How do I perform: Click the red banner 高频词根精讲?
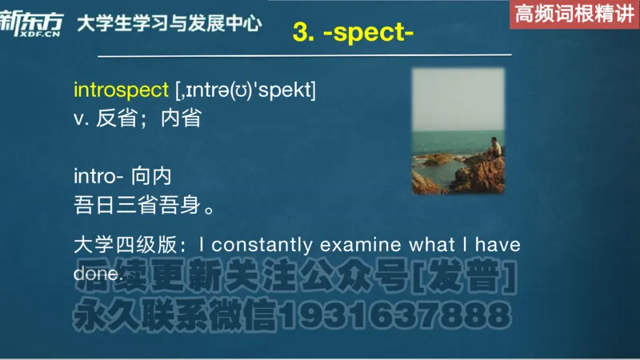(574, 14)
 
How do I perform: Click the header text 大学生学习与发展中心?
(169, 23)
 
